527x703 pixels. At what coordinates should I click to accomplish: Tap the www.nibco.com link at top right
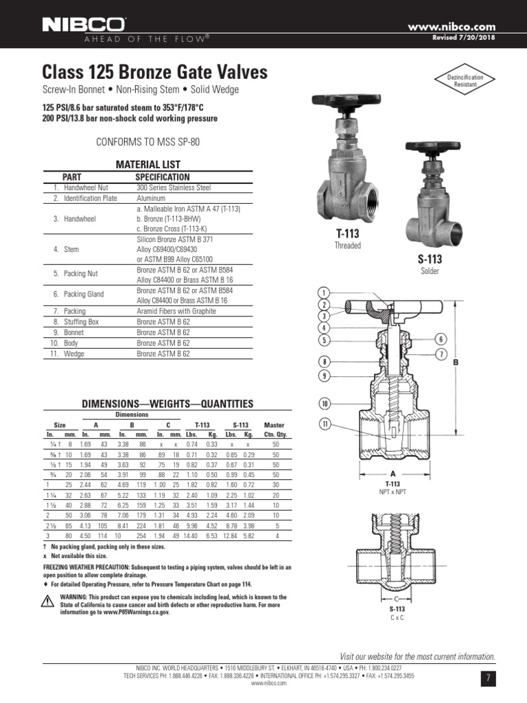(452, 26)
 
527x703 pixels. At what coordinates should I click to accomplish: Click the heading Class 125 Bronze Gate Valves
(154, 72)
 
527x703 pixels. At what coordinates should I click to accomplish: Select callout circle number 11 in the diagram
(324, 425)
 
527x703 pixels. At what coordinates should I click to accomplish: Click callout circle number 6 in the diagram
(441, 338)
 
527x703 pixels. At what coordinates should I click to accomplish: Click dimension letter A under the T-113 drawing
(393, 474)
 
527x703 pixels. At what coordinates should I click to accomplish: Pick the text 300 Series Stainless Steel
(174, 187)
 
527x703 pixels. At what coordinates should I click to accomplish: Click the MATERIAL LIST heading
(148, 165)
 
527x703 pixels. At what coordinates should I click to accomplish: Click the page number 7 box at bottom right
(489, 678)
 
